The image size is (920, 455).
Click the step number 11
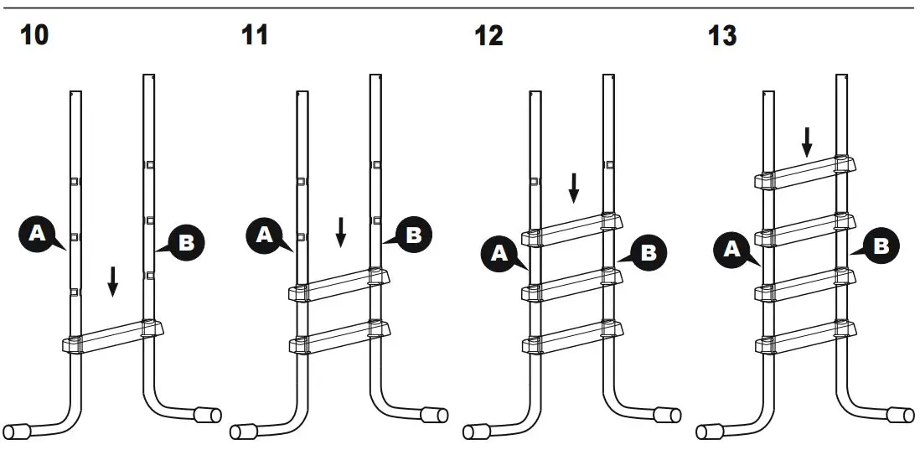[254, 37]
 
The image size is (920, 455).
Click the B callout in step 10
[186, 243]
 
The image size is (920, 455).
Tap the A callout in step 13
[732, 249]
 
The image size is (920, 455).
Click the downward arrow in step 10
[113, 281]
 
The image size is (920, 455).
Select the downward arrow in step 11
[341, 232]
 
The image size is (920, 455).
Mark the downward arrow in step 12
[574, 188]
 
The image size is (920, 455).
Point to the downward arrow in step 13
[806, 142]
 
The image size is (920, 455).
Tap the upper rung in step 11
[339, 283]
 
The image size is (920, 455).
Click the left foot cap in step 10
[17, 430]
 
